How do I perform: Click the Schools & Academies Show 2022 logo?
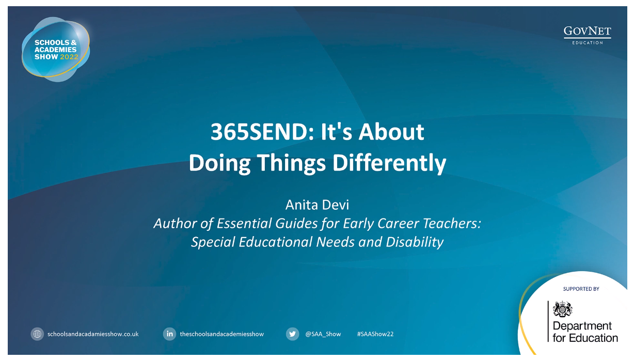pyautogui.click(x=56, y=49)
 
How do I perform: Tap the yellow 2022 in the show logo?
pyautogui.click(x=69, y=57)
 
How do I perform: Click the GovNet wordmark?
pyautogui.click(x=587, y=31)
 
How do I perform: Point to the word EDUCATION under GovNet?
pyautogui.click(x=588, y=43)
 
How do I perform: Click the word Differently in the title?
pyautogui.click(x=389, y=163)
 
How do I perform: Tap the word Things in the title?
pyautogui.click(x=292, y=164)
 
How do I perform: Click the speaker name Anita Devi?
pyautogui.click(x=317, y=205)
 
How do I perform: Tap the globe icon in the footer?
pyautogui.click(x=37, y=334)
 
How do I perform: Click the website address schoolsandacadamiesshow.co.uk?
pyautogui.click(x=93, y=334)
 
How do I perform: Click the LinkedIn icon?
pyautogui.click(x=169, y=334)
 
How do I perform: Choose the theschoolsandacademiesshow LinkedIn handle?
pyautogui.click(x=222, y=334)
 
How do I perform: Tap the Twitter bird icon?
pyautogui.click(x=292, y=334)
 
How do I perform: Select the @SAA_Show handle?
pyautogui.click(x=323, y=334)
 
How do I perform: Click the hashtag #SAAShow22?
pyautogui.click(x=375, y=334)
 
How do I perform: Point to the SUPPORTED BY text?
pyautogui.click(x=581, y=289)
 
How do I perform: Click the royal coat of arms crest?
pyautogui.click(x=563, y=309)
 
